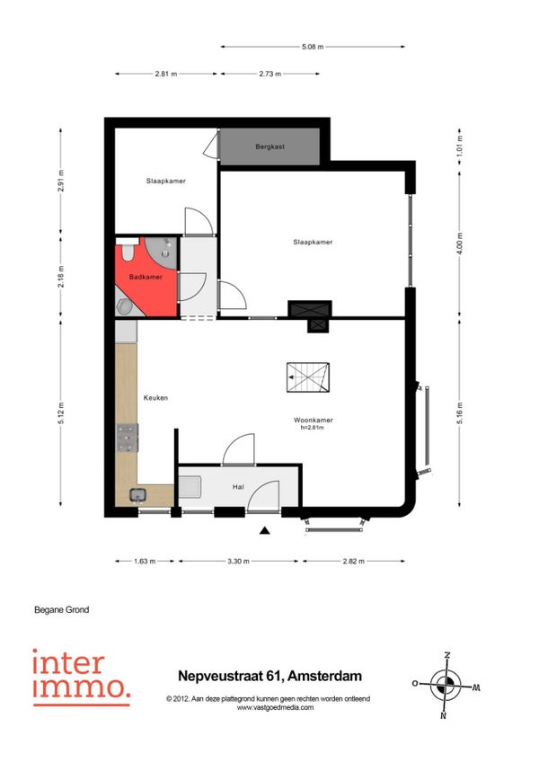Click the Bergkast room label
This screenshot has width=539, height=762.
tap(269, 146)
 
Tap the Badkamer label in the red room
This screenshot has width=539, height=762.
tap(146, 277)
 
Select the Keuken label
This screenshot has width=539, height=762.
tap(155, 397)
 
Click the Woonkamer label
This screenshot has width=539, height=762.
tap(313, 420)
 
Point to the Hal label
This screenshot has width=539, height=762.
tap(238, 486)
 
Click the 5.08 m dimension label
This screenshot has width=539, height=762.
tap(313, 47)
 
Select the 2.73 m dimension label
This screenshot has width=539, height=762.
tap(269, 74)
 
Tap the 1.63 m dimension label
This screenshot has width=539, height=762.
tap(145, 562)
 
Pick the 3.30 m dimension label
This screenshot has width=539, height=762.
tap(238, 562)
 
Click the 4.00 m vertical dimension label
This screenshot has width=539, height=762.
tap(460, 244)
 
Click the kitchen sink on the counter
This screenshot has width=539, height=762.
tap(137, 495)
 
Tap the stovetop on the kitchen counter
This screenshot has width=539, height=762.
tap(128, 438)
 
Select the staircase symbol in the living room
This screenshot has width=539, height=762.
tap(307, 377)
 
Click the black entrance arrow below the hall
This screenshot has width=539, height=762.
tap(264, 530)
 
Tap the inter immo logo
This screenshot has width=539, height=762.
tap(81, 678)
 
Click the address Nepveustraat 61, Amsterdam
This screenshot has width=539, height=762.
tap(269, 676)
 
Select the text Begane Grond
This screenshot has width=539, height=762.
tap(62, 609)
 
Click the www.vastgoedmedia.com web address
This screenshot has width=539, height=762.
tap(275, 707)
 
